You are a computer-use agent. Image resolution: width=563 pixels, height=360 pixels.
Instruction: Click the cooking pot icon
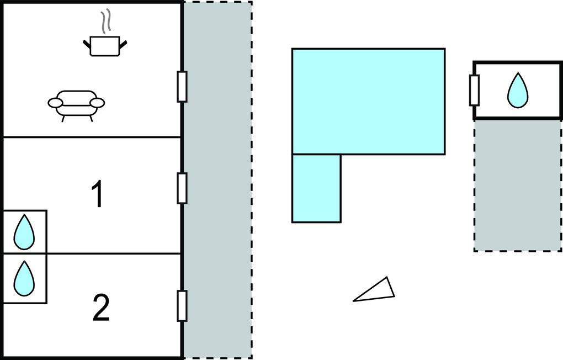[105, 46]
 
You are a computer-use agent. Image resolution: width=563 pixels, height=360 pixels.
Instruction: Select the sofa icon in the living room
[77, 105]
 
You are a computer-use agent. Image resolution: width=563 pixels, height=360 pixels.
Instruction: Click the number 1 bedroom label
[98, 194]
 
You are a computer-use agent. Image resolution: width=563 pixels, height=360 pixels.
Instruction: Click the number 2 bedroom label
[101, 308]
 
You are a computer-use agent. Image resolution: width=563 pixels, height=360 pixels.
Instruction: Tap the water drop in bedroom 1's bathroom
[24, 232]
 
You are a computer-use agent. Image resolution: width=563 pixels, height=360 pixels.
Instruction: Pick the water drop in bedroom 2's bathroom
[24, 278]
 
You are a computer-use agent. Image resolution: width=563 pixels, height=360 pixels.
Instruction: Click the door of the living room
[182, 87]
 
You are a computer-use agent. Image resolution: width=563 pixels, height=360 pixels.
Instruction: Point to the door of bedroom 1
[182, 188]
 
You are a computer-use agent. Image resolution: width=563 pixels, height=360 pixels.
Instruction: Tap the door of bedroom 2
[182, 306]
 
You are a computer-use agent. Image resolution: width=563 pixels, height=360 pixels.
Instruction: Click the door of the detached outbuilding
[474, 91]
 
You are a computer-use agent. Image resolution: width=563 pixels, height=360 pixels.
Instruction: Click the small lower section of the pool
[316, 189]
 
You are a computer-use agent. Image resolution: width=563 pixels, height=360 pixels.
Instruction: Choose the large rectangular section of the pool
[368, 101]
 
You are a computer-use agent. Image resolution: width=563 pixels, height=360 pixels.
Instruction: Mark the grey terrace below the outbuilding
[517, 186]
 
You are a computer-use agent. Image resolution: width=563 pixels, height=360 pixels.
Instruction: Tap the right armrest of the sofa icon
[97, 103]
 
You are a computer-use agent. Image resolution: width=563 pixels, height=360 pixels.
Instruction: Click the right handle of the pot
[123, 45]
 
